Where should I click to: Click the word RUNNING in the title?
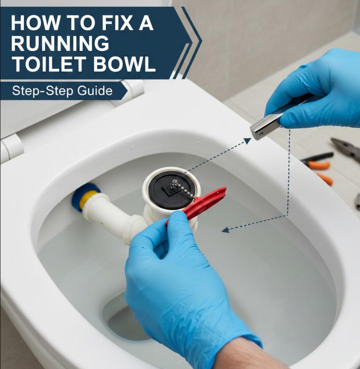[60, 44]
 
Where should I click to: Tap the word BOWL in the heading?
[125, 64]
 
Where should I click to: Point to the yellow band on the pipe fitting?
[88, 199]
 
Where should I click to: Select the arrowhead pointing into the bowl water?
[225, 230]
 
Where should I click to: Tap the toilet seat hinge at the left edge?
[12, 148]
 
